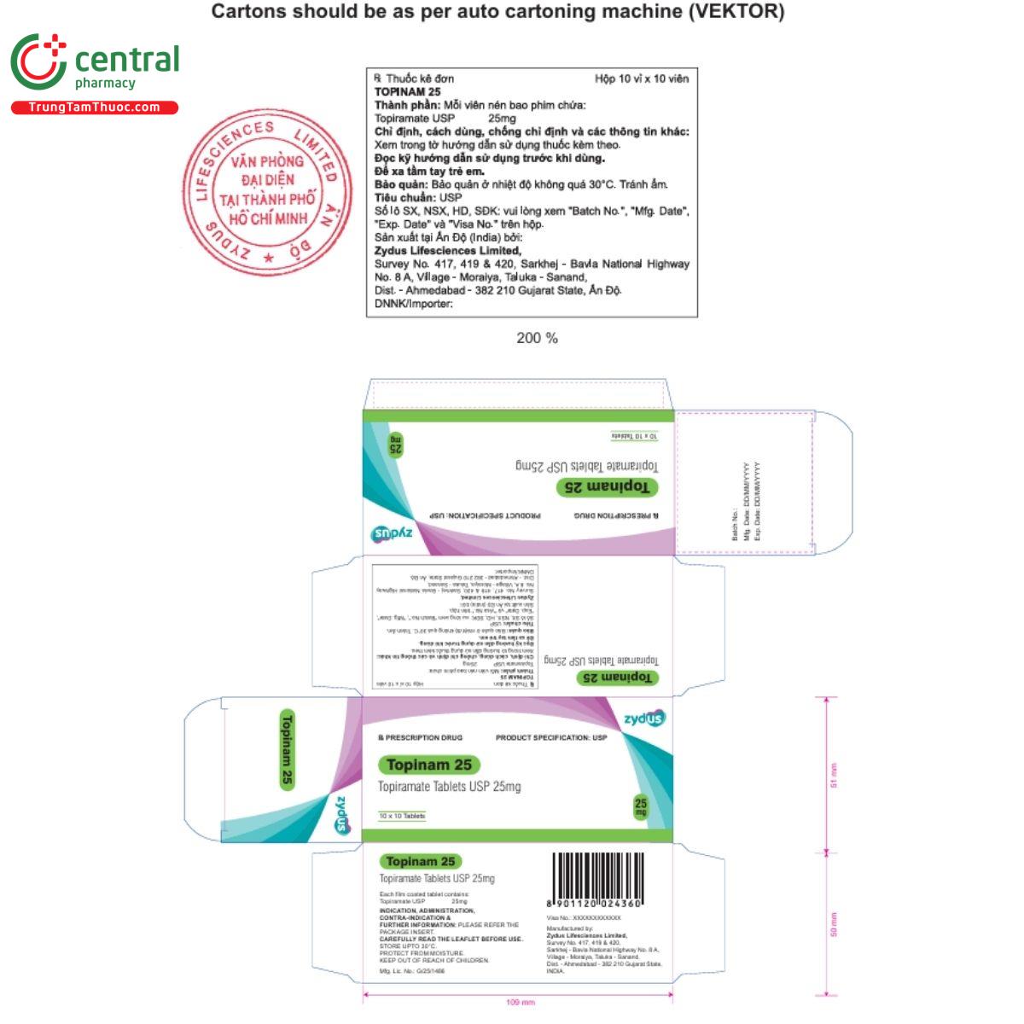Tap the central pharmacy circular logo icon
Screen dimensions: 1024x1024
38,61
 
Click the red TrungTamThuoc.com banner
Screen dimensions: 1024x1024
94,108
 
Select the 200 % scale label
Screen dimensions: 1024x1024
537,338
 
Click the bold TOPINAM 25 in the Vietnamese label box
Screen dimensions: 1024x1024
408,91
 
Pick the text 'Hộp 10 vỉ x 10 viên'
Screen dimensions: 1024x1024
641,79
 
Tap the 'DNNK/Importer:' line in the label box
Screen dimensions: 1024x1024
414,303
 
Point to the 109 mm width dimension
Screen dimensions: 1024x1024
520,1002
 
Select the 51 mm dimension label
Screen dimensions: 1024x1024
834,775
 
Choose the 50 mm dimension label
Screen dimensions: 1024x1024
834,924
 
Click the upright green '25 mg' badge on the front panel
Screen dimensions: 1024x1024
641,806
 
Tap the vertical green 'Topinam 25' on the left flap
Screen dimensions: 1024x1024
287,748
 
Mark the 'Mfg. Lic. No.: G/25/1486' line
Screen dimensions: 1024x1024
412,971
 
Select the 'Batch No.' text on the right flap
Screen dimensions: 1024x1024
735,526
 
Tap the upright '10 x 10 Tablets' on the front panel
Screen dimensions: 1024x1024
402,816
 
